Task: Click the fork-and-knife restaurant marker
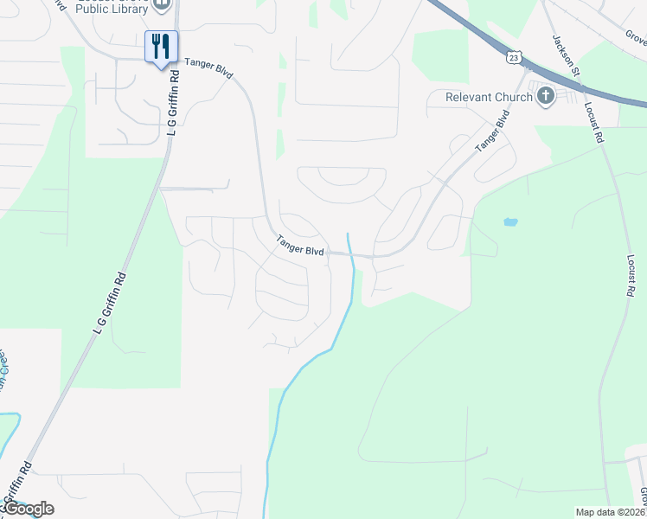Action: tap(161, 46)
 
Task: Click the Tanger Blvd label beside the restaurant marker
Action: tap(210, 67)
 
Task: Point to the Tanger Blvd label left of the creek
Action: tap(300, 247)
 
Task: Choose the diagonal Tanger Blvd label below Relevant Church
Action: tap(490, 131)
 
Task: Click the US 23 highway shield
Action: tap(514, 57)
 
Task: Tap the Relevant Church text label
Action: tap(489, 97)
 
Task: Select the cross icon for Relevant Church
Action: tap(545, 96)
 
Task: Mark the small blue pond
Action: tap(510, 221)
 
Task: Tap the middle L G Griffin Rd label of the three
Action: tap(110, 304)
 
